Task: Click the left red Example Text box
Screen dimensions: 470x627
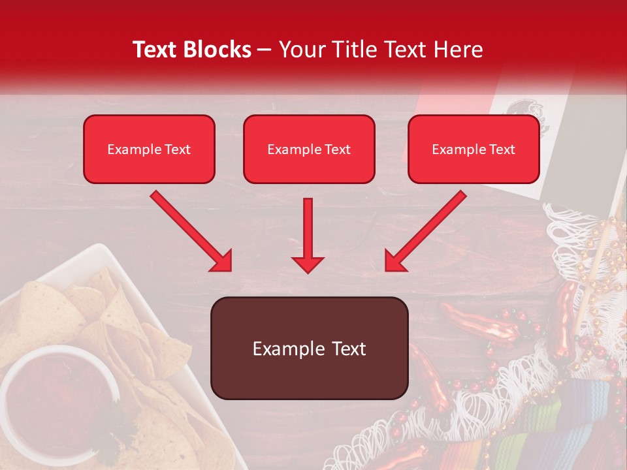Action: pyautogui.click(x=149, y=149)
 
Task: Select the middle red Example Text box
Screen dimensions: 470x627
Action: pyautogui.click(x=309, y=149)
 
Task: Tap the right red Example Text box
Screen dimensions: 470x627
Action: pyautogui.click(x=474, y=149)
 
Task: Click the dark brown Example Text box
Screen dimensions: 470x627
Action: pyautogui.click(x=309, y=348)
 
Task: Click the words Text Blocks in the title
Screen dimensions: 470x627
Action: pyautogui.click(x=192, y=50)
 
